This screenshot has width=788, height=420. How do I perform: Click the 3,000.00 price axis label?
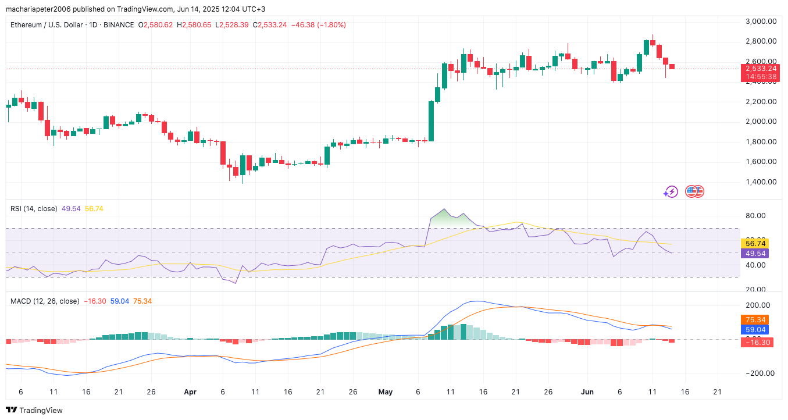(x=761, y=22)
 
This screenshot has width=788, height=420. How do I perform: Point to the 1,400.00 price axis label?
(x=761, y=181)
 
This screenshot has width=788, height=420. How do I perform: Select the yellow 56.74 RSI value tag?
(x=755, y=243)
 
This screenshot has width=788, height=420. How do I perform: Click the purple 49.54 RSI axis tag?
(x=755, y=253)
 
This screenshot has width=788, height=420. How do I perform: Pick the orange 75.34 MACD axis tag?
(x=755, y=319)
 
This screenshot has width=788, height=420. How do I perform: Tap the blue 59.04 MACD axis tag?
(x=755, y=329)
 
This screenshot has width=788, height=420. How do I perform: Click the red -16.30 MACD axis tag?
(x=755, y=343)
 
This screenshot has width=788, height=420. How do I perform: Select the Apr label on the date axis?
(x=190, y=392)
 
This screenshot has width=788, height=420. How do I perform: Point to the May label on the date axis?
(x=386, y=392)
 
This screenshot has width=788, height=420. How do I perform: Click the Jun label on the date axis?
(x=587, y=392)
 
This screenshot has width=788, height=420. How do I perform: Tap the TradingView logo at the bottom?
(x=34, y=410)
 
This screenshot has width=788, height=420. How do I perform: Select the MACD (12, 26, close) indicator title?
(x=45, y=301)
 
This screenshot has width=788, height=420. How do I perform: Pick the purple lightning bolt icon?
(x=671, y=191)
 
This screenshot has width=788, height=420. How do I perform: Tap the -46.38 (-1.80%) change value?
(x=319, y=25)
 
